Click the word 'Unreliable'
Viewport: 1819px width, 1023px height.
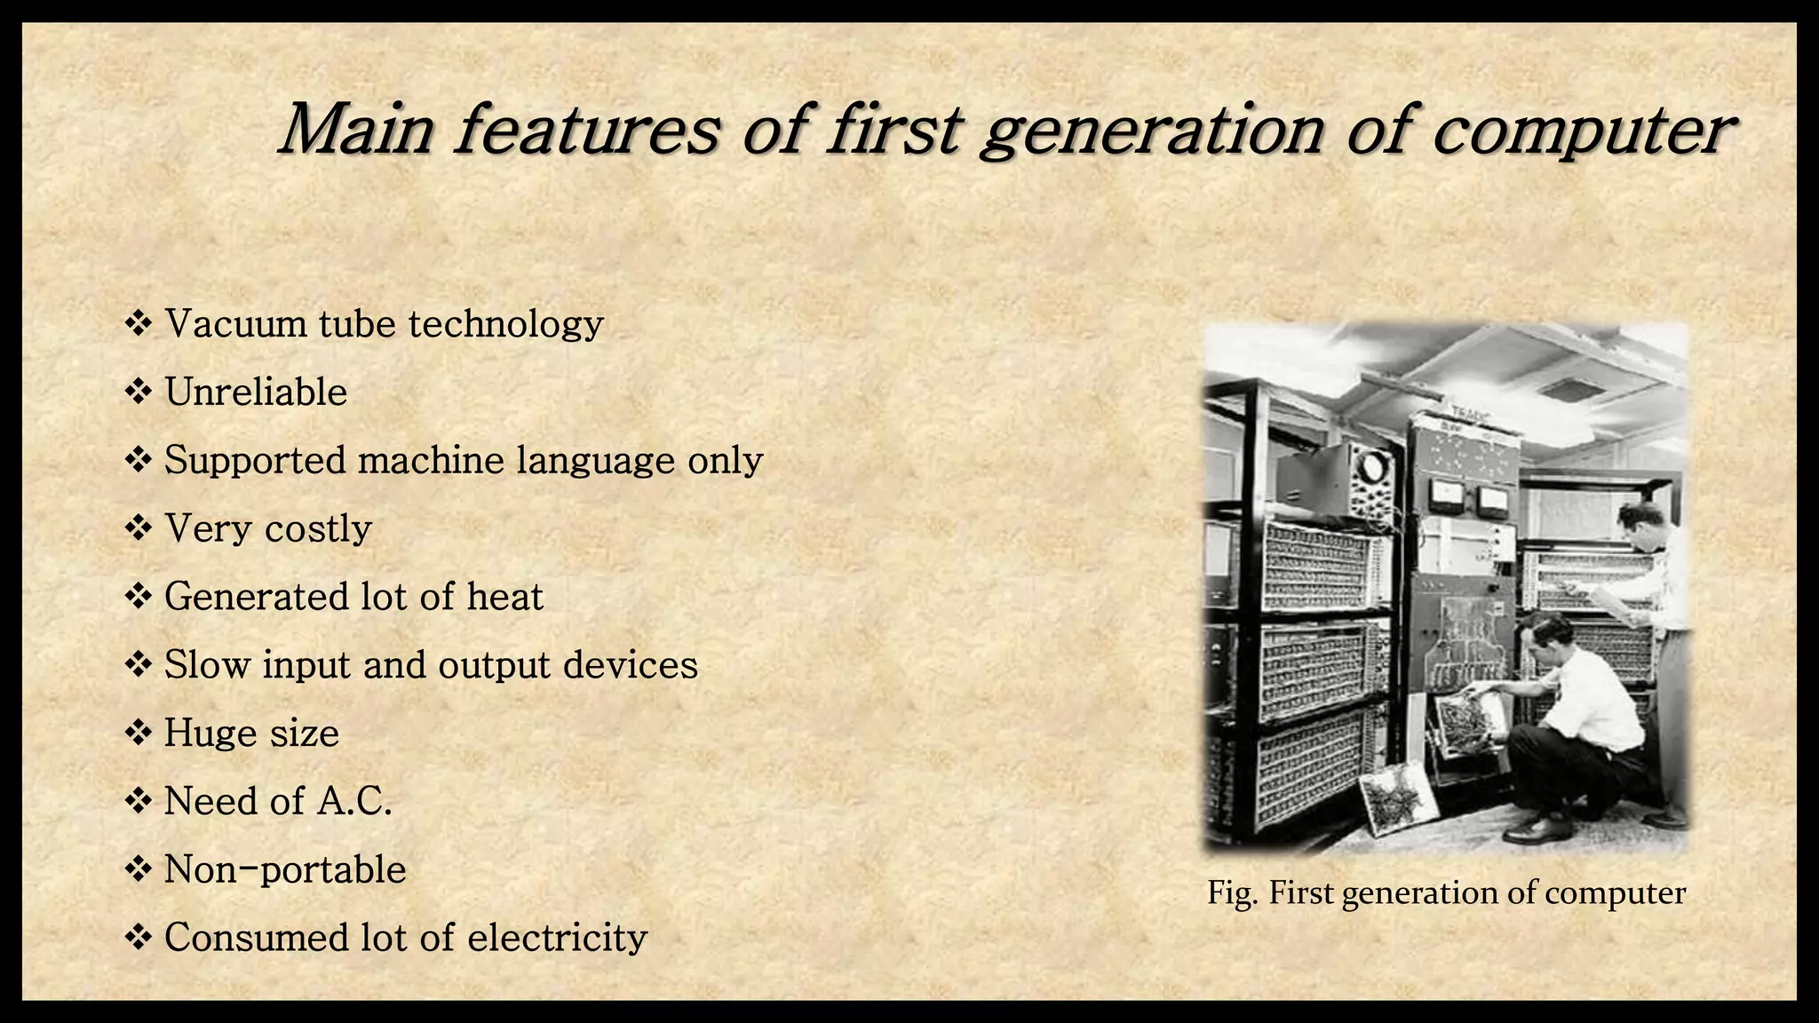point(256,392)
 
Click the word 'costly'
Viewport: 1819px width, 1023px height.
point(318,528)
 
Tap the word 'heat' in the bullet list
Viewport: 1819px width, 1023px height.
point(504,596)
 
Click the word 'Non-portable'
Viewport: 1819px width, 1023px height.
point(285,869)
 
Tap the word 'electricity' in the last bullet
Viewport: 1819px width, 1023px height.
point(557,938)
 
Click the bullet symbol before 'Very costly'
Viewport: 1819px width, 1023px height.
point(139,528)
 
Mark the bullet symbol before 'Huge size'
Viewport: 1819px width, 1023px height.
point(139,734)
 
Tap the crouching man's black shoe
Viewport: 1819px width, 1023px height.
point(1536,829)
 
